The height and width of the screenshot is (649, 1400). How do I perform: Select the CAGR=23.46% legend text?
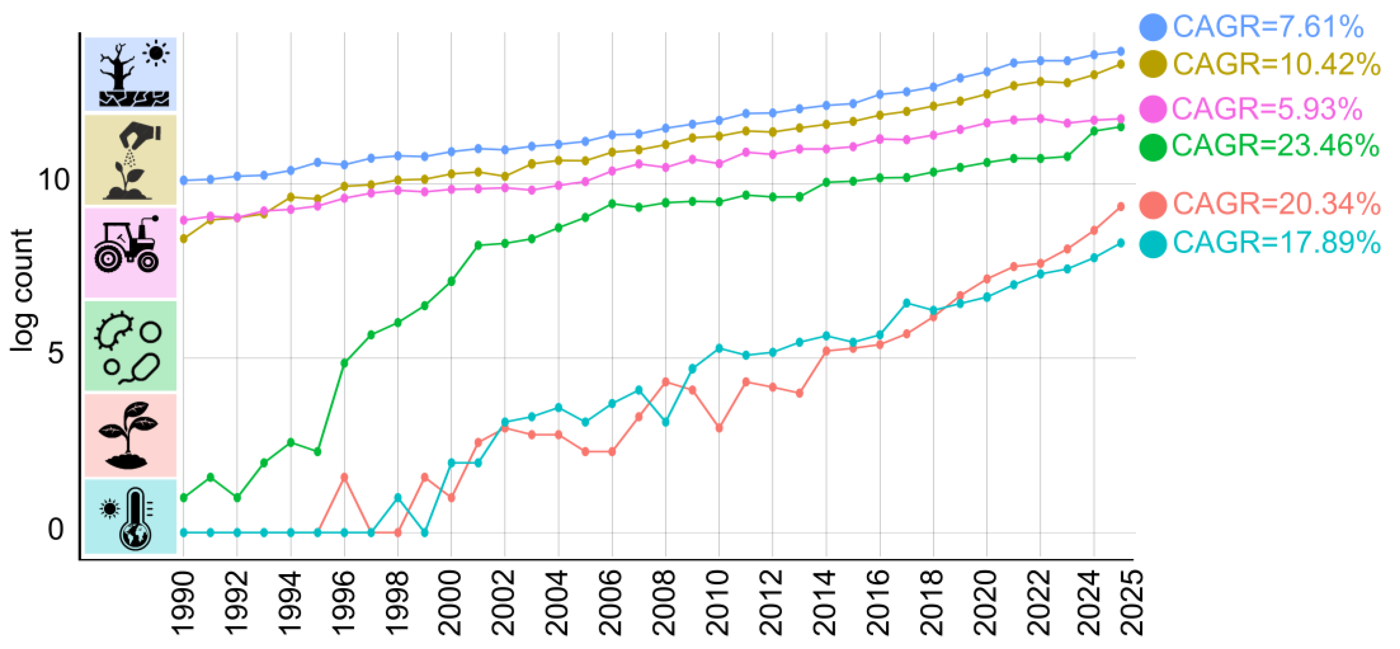coord(1275,145)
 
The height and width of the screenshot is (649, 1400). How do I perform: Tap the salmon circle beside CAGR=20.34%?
coord(1152,205)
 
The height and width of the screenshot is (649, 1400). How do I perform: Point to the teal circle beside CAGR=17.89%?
coord(1152,243)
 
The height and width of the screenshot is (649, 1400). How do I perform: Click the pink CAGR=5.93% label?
coord(1266,109)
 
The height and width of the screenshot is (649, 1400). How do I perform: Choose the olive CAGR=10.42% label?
coord(1276,64)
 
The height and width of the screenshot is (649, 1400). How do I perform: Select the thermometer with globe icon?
coord(131,517)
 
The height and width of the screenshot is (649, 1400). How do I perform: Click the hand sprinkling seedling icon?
coord(131,161)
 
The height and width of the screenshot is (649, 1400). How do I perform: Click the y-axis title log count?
coord(23,291)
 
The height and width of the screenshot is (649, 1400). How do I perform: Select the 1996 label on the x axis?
coord(344,603)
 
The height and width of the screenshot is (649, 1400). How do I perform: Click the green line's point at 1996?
coord(344,363)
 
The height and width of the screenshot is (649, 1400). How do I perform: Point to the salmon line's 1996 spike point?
coord(344,477)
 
